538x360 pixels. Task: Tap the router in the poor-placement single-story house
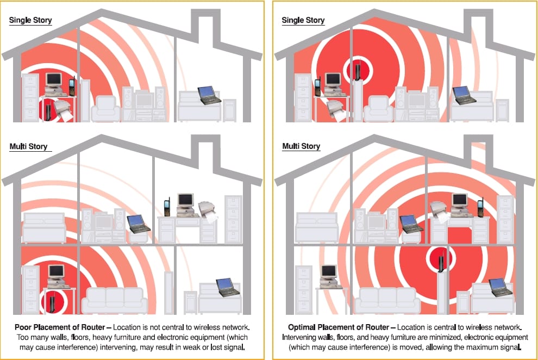tap(49, 113)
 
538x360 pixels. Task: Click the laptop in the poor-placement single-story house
tap(208, 95)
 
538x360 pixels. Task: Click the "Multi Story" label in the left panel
tap(28, 147)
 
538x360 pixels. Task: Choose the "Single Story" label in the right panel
tap(303, 20)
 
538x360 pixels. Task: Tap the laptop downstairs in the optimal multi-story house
tap(499, 287)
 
